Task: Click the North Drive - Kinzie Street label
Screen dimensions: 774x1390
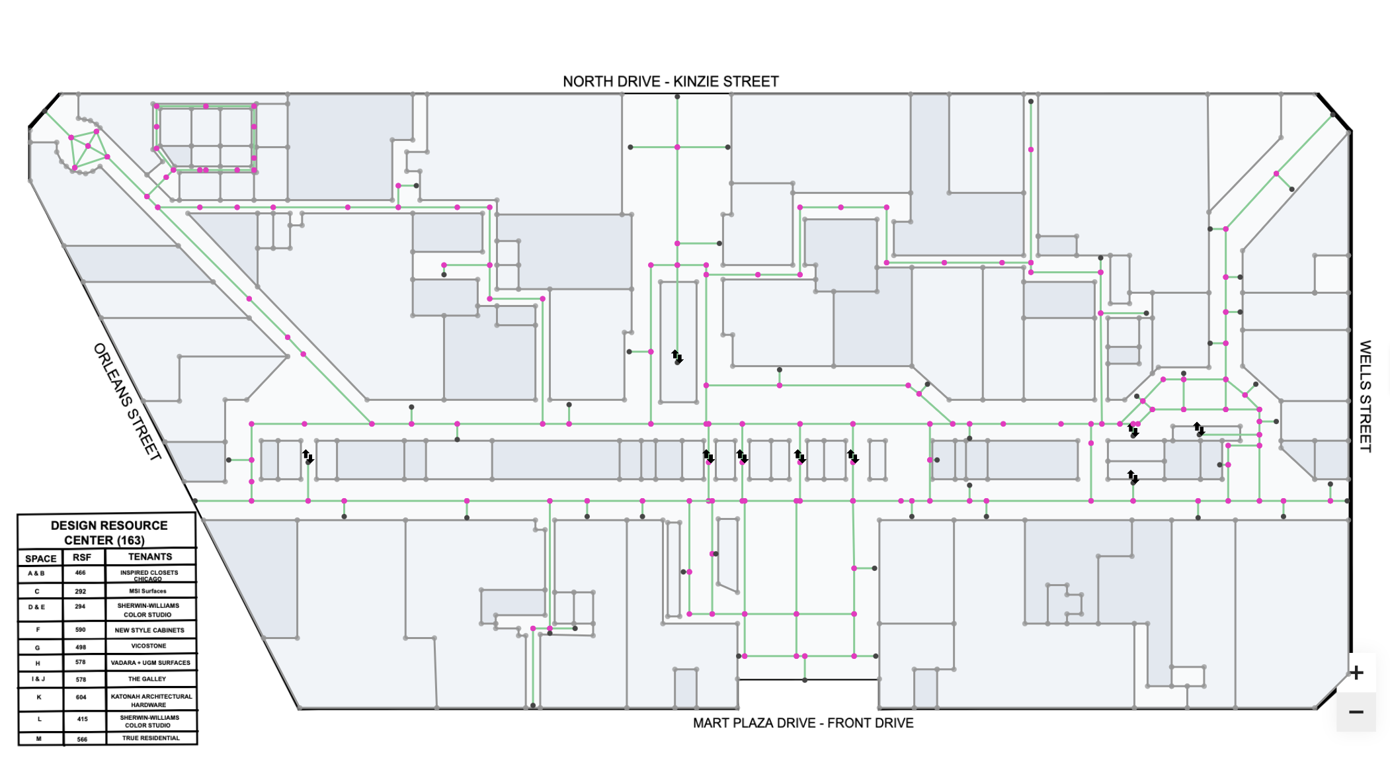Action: click(671, 81)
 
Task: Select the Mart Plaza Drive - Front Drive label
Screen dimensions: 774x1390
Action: click(803, 723)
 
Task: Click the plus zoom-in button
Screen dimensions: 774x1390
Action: click(1356, 673)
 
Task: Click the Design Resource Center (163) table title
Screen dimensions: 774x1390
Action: click(108, 533)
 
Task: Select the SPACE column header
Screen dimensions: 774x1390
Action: click(41, 558)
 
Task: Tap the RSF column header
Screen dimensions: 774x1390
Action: click(82, 558)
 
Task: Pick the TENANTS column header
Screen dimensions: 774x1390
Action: click(150, 557)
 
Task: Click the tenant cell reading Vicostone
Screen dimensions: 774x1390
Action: click(149, 646)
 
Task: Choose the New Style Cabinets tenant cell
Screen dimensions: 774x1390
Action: click(149, 630)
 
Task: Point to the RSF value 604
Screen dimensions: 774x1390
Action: click(81, 697)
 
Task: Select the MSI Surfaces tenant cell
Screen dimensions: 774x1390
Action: click(148, 591)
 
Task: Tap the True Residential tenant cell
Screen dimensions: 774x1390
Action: click(151, 738)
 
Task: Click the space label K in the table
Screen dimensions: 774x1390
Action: click(39, 697)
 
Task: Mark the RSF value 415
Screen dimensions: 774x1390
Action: click(82, 719)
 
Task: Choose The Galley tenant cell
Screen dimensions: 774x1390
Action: click(147, 679)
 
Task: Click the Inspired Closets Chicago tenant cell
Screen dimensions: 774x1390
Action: click(149, 575)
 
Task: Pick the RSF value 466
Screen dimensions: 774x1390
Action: click(81, 573)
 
